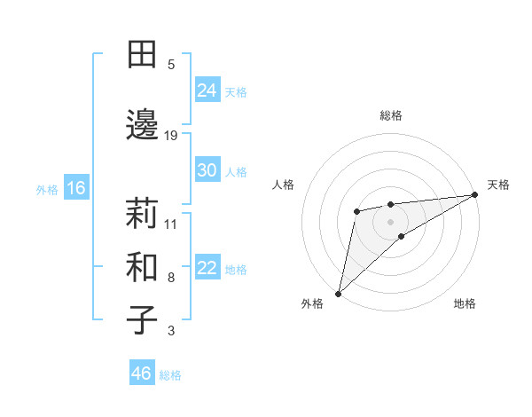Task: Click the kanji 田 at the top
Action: (x=142, y=54)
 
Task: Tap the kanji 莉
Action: (x=142, y=214)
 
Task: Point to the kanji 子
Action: (x=142, y=320)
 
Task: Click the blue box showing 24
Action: (x=207, y=90)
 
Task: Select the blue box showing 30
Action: (x=207, y=170)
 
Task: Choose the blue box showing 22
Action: (x=207, y=269)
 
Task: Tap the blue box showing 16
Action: (x=75, y=188)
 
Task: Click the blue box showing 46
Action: (x=142, y=374)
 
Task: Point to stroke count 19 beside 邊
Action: (x=171, y=135)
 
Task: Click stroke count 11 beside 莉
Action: (x=171, y=224)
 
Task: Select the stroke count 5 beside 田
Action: (x=171, y=64)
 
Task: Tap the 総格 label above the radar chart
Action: (x=390, y=115)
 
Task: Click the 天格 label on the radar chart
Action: (x=498, y=185)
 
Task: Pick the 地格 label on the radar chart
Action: (x=465, y=303)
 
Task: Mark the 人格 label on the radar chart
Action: (x=284, y=185)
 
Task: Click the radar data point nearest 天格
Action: (x=474, y=194)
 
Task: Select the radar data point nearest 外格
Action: (x=338, y=293)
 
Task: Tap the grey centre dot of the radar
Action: (x=390, y=221)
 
